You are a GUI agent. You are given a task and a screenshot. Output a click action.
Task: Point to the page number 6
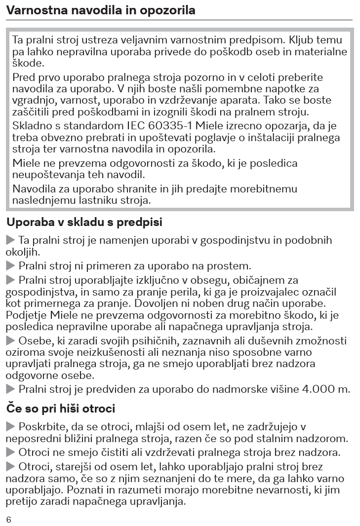click(8, 520)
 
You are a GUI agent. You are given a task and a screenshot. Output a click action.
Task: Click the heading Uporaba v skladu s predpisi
click(84, 223)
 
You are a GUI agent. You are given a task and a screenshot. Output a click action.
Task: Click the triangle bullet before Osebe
click(11, 340)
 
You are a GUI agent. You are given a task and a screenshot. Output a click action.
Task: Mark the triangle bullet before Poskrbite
click(11, 426)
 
